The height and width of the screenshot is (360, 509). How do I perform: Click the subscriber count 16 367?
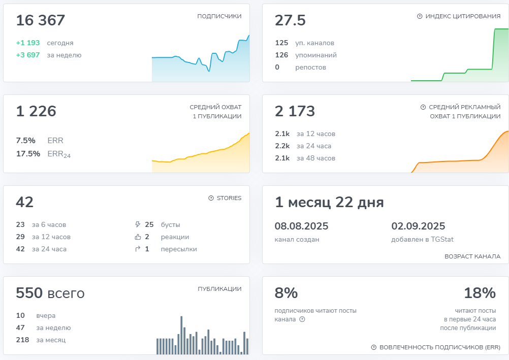41,20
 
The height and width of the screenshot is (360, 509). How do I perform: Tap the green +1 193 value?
28,43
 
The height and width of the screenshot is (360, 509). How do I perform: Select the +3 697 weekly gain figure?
28,55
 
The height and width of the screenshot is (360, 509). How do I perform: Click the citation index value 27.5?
290,20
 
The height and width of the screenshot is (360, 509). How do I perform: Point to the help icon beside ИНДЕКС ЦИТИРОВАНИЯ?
420,16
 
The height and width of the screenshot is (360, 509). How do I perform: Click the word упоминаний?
316,55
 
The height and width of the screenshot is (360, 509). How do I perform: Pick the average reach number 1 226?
36,111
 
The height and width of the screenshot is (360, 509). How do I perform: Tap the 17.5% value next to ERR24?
28,153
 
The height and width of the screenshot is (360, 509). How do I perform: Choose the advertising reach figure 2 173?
295,111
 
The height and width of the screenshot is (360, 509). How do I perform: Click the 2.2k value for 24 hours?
282,146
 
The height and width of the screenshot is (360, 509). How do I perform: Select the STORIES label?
229,198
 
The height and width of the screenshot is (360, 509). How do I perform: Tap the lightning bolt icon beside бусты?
138,224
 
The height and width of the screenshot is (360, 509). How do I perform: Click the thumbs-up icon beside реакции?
138,237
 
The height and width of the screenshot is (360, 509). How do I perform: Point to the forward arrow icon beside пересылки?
138,249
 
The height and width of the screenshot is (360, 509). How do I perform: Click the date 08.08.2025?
302,226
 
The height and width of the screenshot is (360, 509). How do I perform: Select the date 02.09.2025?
418,226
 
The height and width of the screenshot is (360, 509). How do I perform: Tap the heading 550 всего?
50,293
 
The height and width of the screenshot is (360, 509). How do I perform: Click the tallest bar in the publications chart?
181,335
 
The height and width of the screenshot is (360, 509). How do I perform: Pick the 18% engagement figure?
480,293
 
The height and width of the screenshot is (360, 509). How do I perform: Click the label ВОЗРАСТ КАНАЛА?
472,256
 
